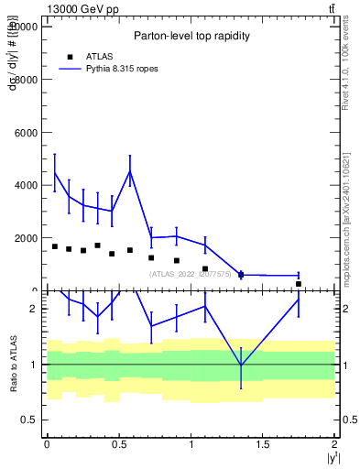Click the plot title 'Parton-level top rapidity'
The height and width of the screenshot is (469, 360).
[190, 36]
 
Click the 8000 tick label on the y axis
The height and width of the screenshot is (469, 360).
[26, 80]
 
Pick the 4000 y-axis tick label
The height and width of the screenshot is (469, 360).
[26, 185]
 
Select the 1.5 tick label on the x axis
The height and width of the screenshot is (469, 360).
[263, 444]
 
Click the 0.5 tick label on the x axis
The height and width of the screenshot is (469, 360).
[118, 444]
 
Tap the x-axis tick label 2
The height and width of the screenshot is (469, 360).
[335, 444]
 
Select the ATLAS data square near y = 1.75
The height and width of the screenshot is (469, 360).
[299, 284]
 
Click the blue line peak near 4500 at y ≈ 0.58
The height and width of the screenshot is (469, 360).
[130, 171]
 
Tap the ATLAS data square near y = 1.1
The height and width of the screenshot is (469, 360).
[205, 269]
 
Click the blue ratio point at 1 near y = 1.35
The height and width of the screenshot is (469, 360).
[241, 365]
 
